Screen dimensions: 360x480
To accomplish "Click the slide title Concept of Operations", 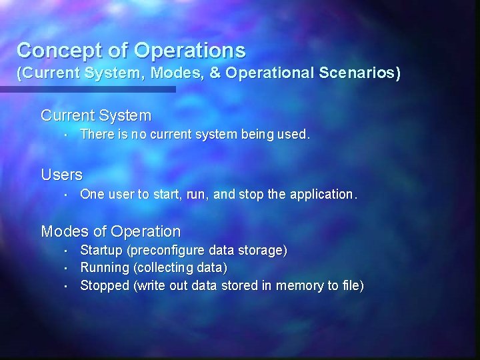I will pyautogui.click(x=131, y=50).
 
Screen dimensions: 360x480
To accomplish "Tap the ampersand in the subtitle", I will pyautogui.click(x=215, y=73).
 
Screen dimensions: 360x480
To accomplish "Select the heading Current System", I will pyautogui.click(x=96, y=115).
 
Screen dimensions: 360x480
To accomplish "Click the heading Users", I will pyautogui.click(x=62, y=175).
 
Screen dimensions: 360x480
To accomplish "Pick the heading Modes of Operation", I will pyautogui.click(x=111, y=231).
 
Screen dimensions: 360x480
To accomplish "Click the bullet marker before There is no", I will pyautogui.click(x=69, y=135).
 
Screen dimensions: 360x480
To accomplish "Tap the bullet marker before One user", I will pyautogui.click(x=69, y=195).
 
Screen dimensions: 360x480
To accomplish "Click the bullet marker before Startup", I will pyautogui.click(x=69, y=251).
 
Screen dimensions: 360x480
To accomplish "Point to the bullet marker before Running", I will pyautogui.click(x=69, y=268).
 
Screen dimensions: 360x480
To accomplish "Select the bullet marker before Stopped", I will pyautogui.click(x=69, y=285).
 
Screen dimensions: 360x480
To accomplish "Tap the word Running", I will pyautogui.click(x=105, y=268).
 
